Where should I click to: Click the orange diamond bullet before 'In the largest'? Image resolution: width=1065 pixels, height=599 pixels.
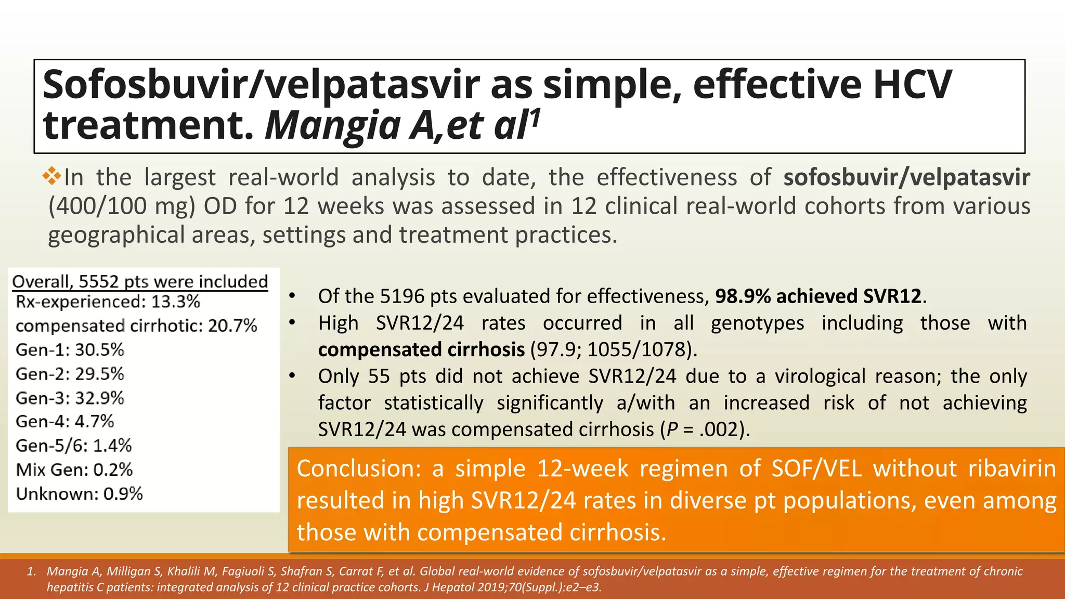(52, 176)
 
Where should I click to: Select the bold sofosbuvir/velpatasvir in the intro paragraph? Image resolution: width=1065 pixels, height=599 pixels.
(906, 177)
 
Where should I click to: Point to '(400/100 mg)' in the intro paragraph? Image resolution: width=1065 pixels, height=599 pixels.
(122, 206)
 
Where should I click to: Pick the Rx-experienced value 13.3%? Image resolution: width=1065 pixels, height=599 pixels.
(175, 302)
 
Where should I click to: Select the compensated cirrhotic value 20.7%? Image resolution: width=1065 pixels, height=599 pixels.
(232, 326)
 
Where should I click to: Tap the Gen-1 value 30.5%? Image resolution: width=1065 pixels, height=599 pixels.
(99, 350)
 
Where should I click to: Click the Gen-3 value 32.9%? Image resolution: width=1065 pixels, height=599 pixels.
(99, 398)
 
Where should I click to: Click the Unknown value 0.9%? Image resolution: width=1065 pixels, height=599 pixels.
(123, 494)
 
